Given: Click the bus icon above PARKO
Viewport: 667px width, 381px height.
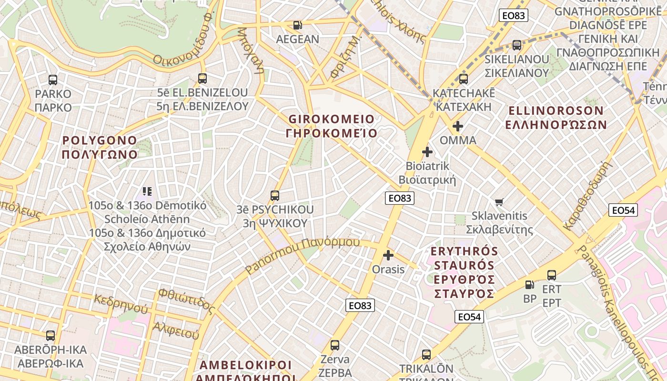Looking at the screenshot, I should [53, 80].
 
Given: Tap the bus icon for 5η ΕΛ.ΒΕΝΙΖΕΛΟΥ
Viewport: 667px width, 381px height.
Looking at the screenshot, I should [202, 79].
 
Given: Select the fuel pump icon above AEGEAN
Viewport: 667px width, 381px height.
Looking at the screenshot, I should [298, 25].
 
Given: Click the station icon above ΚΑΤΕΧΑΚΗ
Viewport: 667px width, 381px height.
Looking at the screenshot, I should [464, 79].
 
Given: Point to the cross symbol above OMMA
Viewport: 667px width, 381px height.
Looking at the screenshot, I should [458, 127].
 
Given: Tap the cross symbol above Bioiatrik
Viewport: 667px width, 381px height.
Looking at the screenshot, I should [427, 152].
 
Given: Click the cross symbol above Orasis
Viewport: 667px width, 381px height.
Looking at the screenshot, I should [388, 256].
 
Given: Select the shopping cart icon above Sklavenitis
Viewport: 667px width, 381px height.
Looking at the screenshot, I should [499, 202].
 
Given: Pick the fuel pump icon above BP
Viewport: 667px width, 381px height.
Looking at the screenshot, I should [529, 285].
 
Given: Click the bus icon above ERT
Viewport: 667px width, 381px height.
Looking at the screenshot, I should [552, 275].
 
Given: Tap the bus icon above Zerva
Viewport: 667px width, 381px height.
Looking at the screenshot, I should [335, 345].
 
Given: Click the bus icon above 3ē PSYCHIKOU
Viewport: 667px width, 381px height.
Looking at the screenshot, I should [275, 196].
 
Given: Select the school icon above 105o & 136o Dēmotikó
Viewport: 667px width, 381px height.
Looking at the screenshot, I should [147, 192].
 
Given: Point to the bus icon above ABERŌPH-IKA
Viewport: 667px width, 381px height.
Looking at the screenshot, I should [51, 336].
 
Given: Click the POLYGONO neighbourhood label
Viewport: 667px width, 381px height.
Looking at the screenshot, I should [100, 147].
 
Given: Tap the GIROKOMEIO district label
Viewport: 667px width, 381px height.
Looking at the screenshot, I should [332, 126].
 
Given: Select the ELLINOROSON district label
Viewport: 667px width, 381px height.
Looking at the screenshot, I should [556, 118].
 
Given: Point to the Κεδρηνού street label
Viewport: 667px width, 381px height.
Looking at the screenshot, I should [121, 304].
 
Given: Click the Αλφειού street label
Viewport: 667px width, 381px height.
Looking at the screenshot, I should [175, 330].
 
